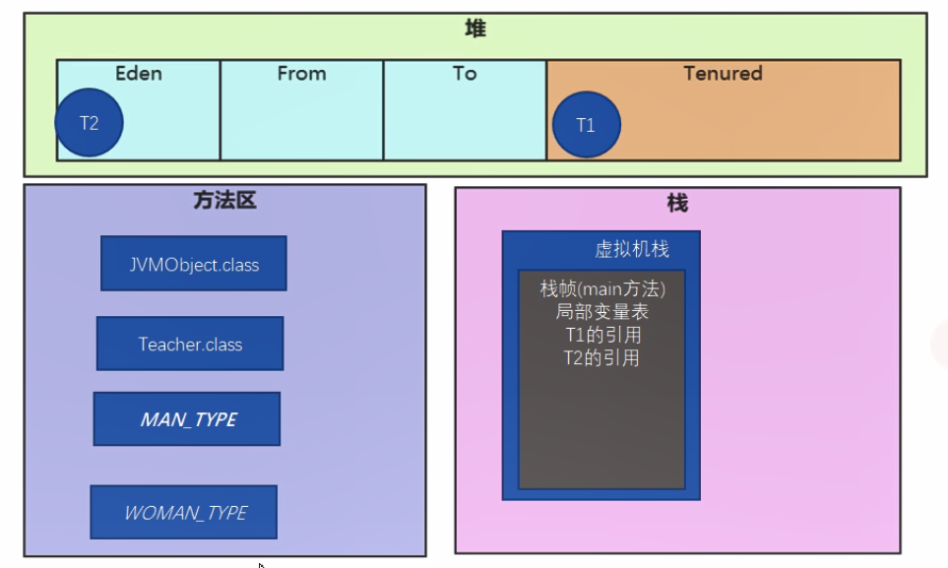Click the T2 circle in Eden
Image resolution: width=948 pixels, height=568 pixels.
[90, 123]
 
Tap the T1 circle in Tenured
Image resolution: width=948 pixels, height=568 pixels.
[586, 125]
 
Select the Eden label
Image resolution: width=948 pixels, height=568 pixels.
[138, 74]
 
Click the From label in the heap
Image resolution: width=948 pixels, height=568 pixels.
[301, 74]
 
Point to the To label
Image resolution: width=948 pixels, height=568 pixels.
[465, 74]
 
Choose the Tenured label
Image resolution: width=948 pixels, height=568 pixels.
[723, 74]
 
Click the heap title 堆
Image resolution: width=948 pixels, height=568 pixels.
[475, 30]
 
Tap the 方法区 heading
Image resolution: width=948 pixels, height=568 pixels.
[224, 202]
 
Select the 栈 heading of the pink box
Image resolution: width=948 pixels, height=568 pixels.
[677, 204]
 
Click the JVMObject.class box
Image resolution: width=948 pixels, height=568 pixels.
[194, 264]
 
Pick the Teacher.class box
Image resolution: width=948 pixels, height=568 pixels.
[190, 344]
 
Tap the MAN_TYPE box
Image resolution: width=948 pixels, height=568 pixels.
[187, 419]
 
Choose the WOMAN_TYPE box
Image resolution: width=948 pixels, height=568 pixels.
[184, 512]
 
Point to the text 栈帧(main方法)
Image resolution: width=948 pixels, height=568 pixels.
[602, 289]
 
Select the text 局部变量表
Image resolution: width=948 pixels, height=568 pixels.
[602, 313]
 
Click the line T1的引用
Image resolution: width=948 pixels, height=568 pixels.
[602, 336]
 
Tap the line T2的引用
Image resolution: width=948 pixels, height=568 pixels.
[602, 358]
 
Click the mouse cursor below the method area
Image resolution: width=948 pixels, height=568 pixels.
[261, 565]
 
